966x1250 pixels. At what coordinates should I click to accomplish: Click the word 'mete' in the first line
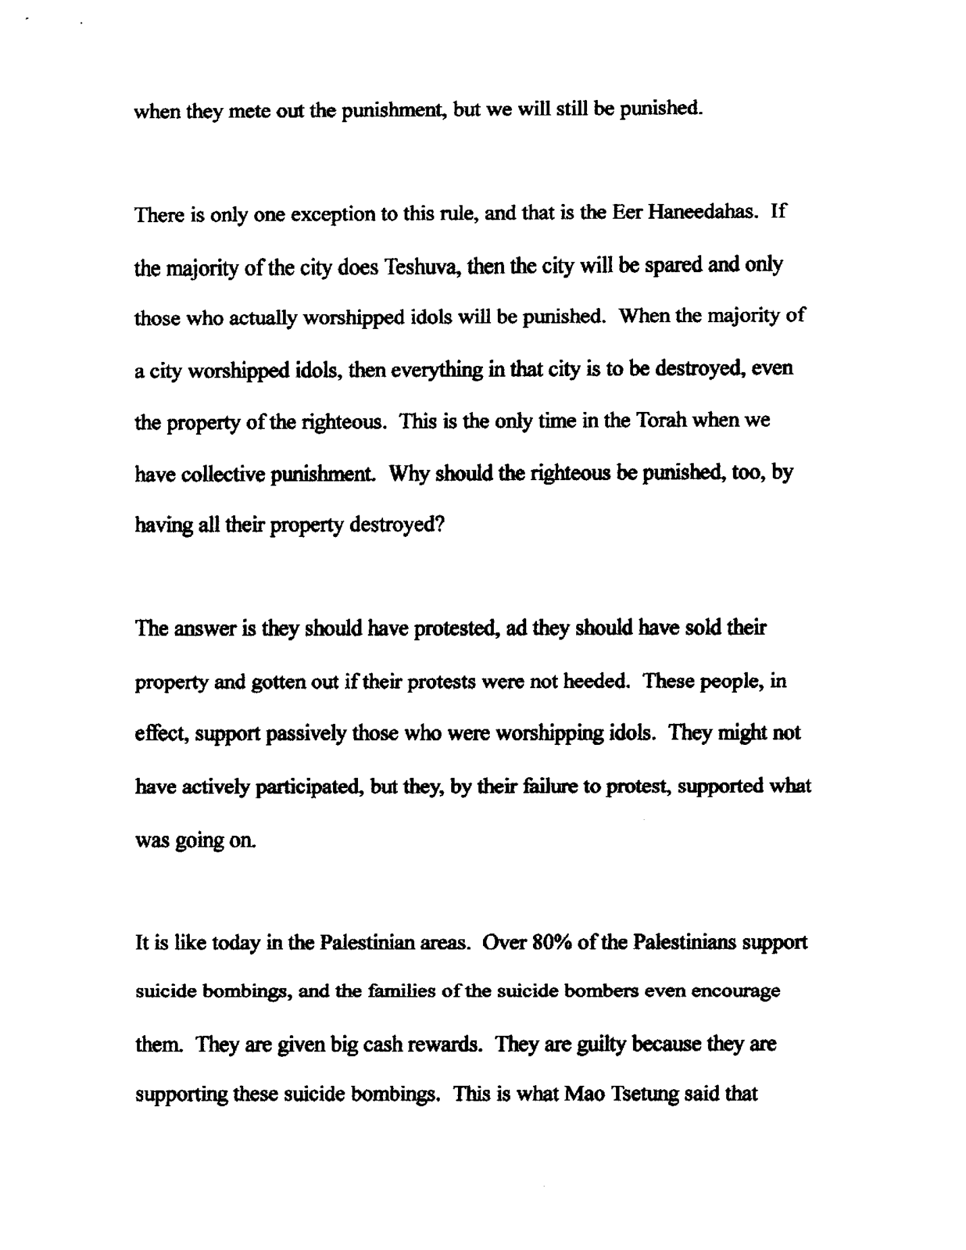tap(248, 110)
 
